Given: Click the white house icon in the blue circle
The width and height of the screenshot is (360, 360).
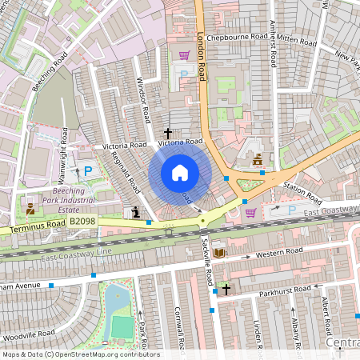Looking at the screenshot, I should point(180,173).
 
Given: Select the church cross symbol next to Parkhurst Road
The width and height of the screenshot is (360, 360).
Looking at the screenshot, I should point(226,289).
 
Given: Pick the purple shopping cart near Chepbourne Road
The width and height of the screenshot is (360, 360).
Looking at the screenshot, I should point(184,55).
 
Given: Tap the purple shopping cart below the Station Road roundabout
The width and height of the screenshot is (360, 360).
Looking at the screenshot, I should point(250,212).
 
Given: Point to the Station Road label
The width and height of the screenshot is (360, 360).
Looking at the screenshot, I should point(302,192).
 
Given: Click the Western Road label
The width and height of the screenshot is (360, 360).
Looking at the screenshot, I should point(279,253).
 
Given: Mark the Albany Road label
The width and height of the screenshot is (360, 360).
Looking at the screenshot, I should point(296,328).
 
